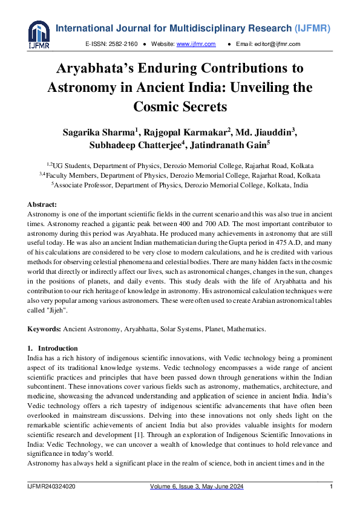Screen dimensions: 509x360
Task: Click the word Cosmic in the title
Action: [159, 107]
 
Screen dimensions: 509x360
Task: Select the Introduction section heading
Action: [57, 349]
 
